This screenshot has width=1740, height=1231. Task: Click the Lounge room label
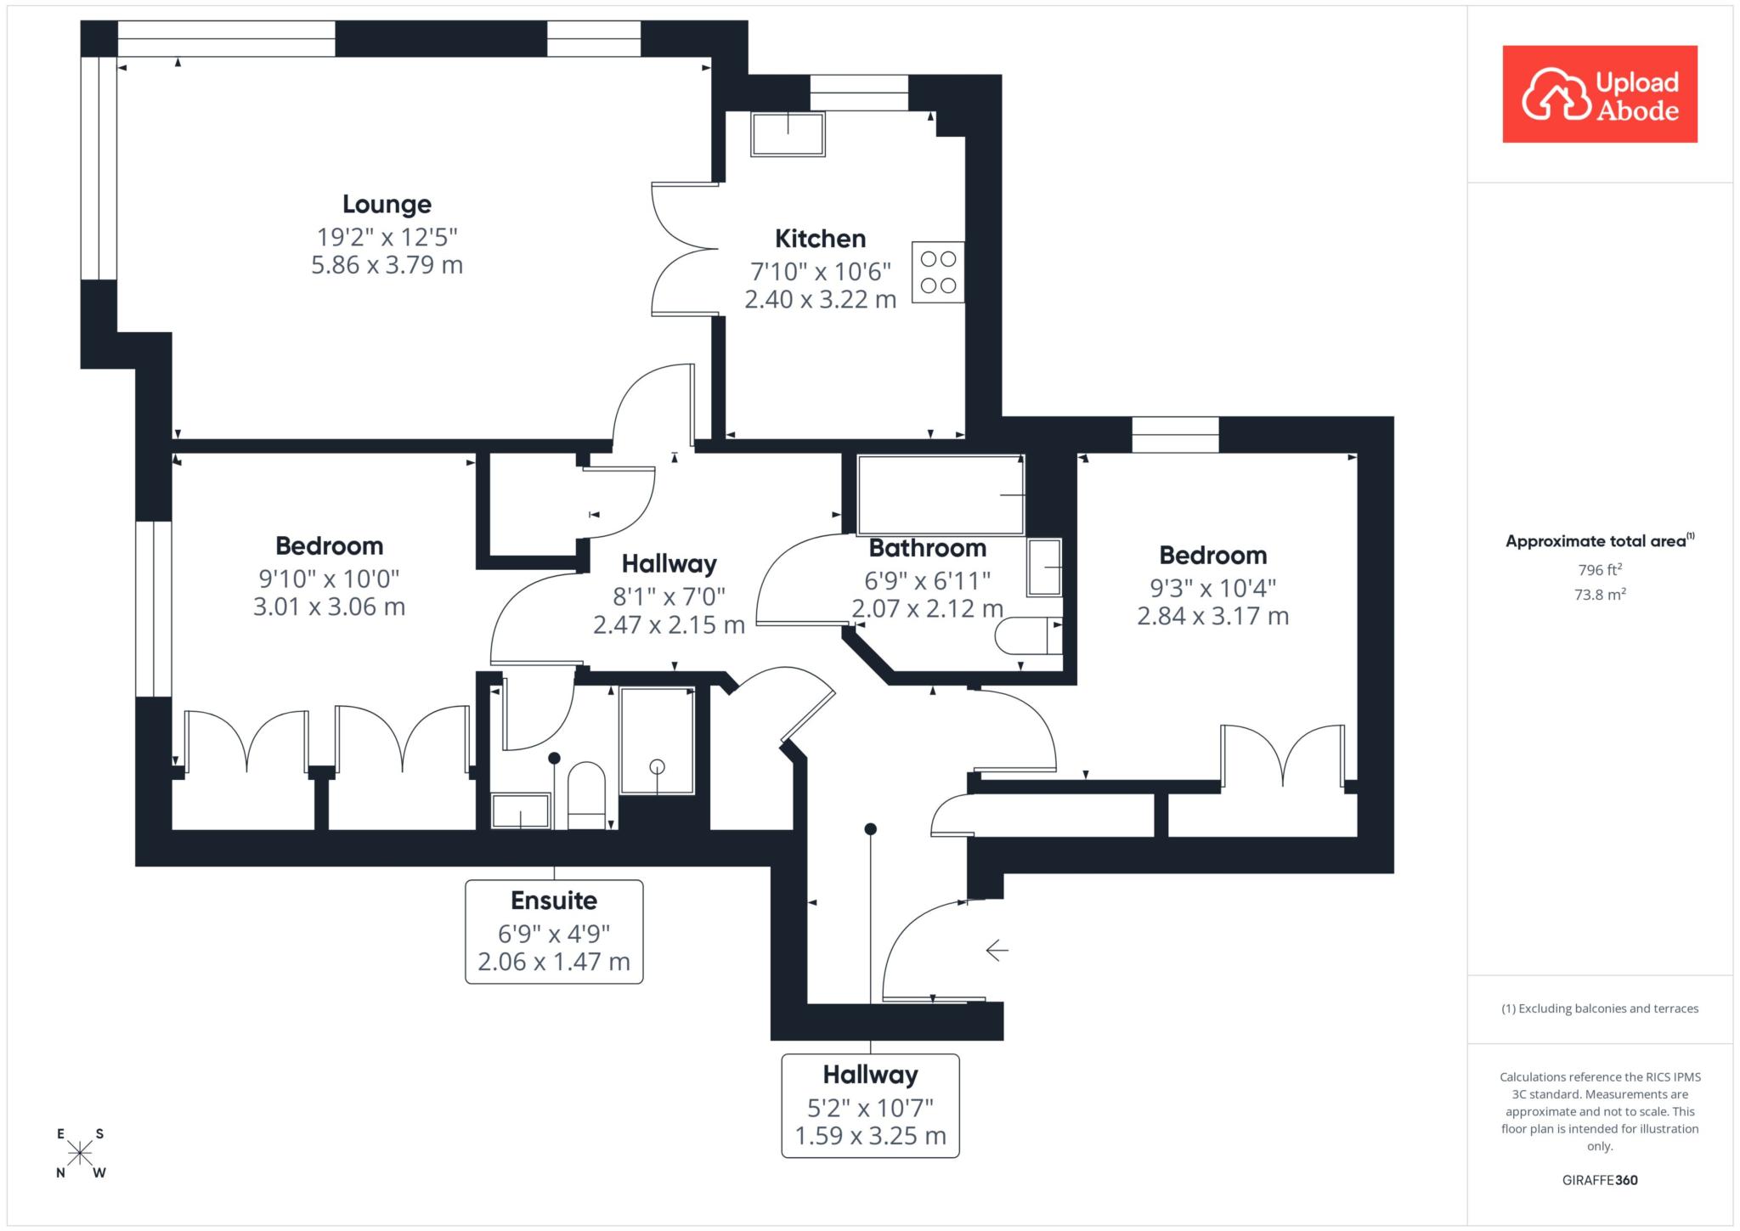point(387,205)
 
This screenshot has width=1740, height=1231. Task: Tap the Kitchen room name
point(820,239)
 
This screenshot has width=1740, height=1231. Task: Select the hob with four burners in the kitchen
point(938,272)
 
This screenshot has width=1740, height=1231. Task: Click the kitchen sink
point(788,133)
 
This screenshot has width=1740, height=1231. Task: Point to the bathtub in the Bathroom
point(941,495)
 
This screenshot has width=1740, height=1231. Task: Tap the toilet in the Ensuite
point(585,796)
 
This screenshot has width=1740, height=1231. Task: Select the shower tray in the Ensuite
point(657,741)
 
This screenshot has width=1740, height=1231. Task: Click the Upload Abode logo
point(1600,94)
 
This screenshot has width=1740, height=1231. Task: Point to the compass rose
point(80,1153)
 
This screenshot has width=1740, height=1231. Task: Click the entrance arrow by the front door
point(997,950)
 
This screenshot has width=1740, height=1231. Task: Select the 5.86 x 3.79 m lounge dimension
point(387,265)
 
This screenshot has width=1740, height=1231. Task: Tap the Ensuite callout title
point(554,901)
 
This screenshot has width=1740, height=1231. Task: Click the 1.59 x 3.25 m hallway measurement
point(870,1136)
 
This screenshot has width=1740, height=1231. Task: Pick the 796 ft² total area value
point(1600,570)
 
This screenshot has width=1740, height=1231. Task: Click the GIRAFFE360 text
point(1600,1180)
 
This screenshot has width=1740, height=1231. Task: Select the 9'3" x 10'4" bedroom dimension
point(1213,588)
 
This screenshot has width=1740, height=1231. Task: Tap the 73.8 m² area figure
point(1600,595)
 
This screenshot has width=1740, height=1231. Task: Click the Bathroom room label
point(928,549)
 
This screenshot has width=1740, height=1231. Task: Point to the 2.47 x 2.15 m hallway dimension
point(669,625)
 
